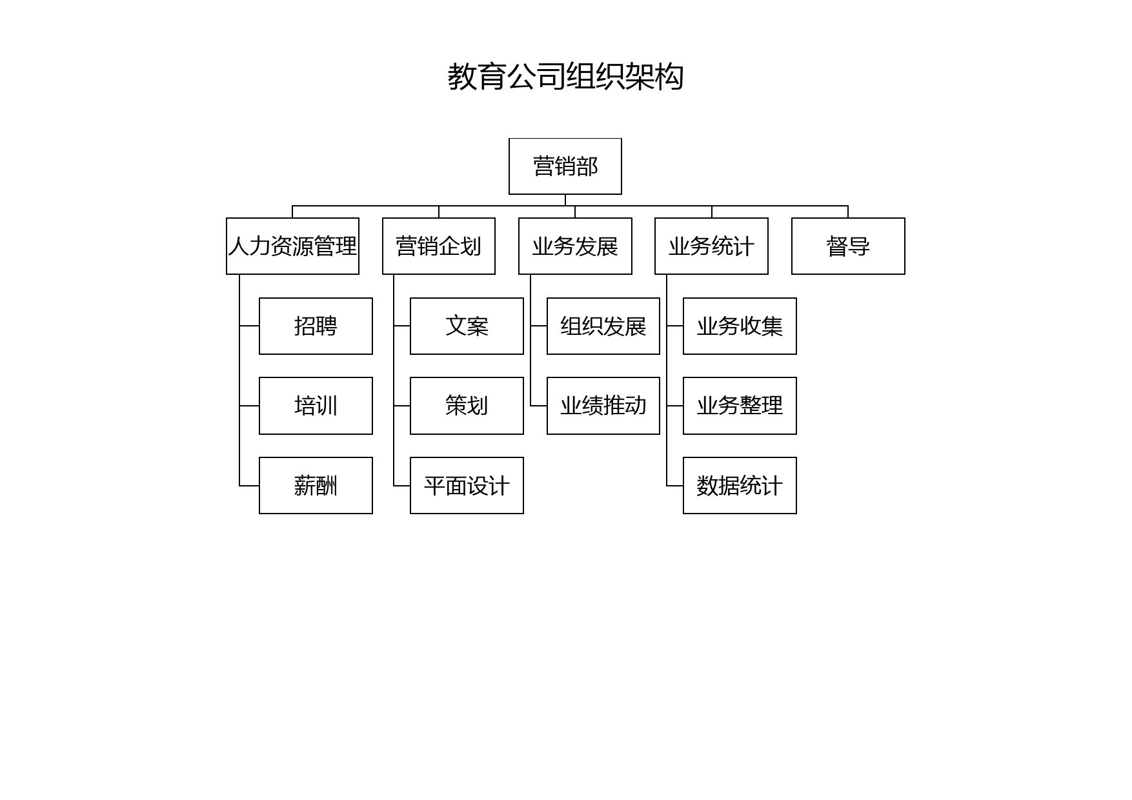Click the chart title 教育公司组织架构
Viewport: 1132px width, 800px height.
tap(565, 77)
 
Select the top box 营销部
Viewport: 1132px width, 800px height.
tap(565, 166)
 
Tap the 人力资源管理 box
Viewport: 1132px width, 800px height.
tap(292, 246)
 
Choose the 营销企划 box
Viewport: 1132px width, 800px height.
tap(439, 246)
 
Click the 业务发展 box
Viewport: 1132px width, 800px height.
tap(575, 246)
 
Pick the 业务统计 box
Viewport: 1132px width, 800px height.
tap(711, 246)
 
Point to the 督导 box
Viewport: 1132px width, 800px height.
tap(848, 246)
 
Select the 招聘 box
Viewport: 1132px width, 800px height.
tap(316, 326)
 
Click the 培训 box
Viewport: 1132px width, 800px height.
tap(316, 406)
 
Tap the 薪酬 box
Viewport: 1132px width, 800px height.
tap(316, 486)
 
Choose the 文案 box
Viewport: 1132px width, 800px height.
tap(467, 326)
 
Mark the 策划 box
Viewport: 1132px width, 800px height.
tap(467, 406)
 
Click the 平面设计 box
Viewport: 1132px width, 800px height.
tap(467, 486)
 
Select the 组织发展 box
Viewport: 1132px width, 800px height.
tap(603, 326)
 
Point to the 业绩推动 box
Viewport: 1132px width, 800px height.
tap(603, 406)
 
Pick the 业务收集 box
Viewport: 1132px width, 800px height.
tap(740, 326)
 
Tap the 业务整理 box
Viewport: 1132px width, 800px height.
tap(740, 406)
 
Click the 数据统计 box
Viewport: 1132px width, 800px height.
tap(740, 486)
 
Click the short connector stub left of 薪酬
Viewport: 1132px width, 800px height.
tap(249, 486)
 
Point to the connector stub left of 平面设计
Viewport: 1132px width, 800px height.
tap(402, 486)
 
